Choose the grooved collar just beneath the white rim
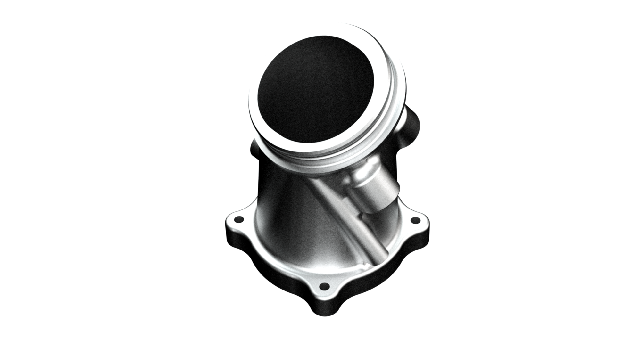(324, 162)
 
